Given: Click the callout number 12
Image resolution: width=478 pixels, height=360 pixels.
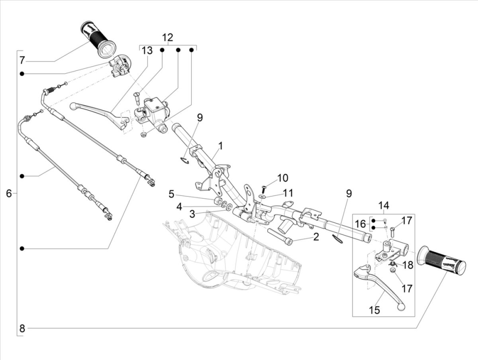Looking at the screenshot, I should coord(167,38).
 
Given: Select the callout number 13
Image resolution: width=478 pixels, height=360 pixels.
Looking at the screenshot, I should coord(147,51).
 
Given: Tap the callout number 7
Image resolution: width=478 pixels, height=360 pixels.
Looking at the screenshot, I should coord(22,61).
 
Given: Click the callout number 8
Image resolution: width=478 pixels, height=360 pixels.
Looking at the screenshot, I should coord(22,329).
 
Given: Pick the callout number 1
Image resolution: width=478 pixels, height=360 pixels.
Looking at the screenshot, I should coord(220,146).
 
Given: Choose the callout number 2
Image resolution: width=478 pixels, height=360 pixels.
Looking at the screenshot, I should coord(316,237).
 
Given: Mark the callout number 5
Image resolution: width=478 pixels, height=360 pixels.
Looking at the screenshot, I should coord(171,194).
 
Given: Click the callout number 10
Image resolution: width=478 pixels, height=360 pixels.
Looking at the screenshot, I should coord(282,178).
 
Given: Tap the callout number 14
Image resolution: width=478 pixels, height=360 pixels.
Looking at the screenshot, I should coord(383,206).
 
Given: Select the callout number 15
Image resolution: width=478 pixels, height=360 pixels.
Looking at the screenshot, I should coord(374,309).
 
